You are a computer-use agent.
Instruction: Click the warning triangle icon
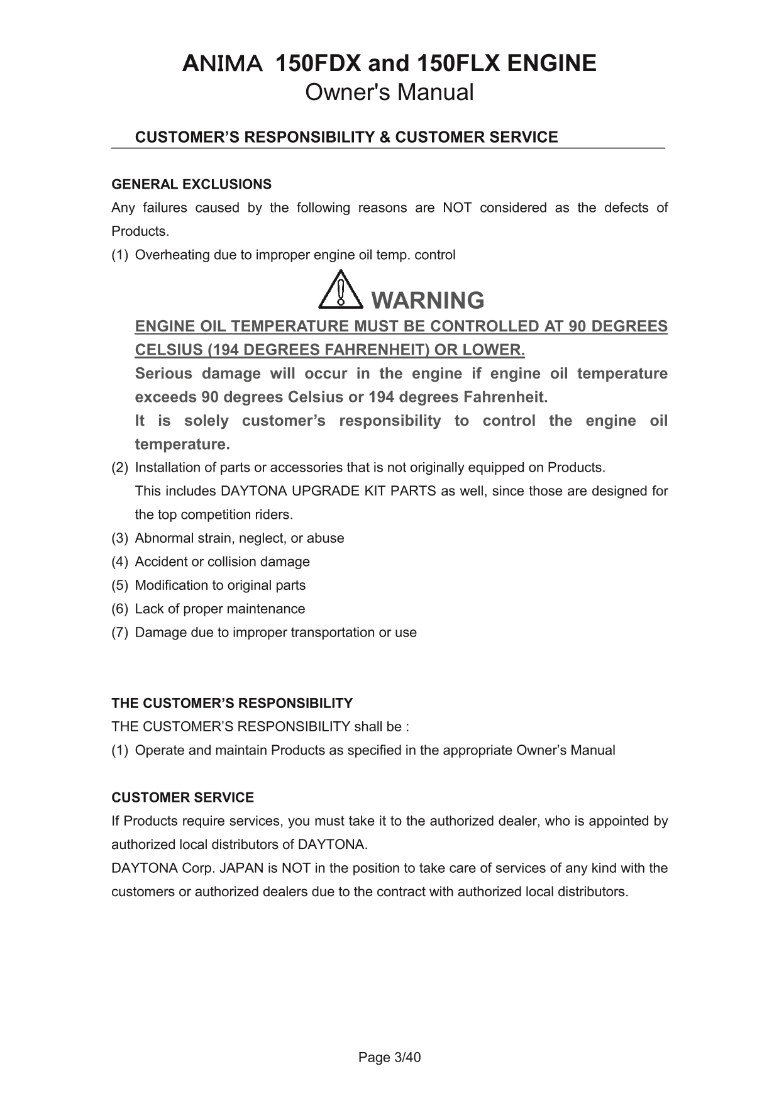[x=341, y=291]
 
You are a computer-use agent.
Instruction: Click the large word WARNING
[x=428, y=301]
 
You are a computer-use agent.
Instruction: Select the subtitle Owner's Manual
[x=389, y=92]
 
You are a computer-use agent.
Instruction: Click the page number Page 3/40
[x=389, y=1057]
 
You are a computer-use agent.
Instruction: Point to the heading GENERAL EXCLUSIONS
[x=191, y=184]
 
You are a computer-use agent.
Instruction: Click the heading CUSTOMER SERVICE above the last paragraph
[x=182, y=797]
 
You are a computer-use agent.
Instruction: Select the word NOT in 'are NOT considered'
[x=457, y=208]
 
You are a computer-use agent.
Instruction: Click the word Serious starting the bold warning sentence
[x=163, y=374]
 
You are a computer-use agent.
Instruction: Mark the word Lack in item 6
[x=148, y=609]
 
